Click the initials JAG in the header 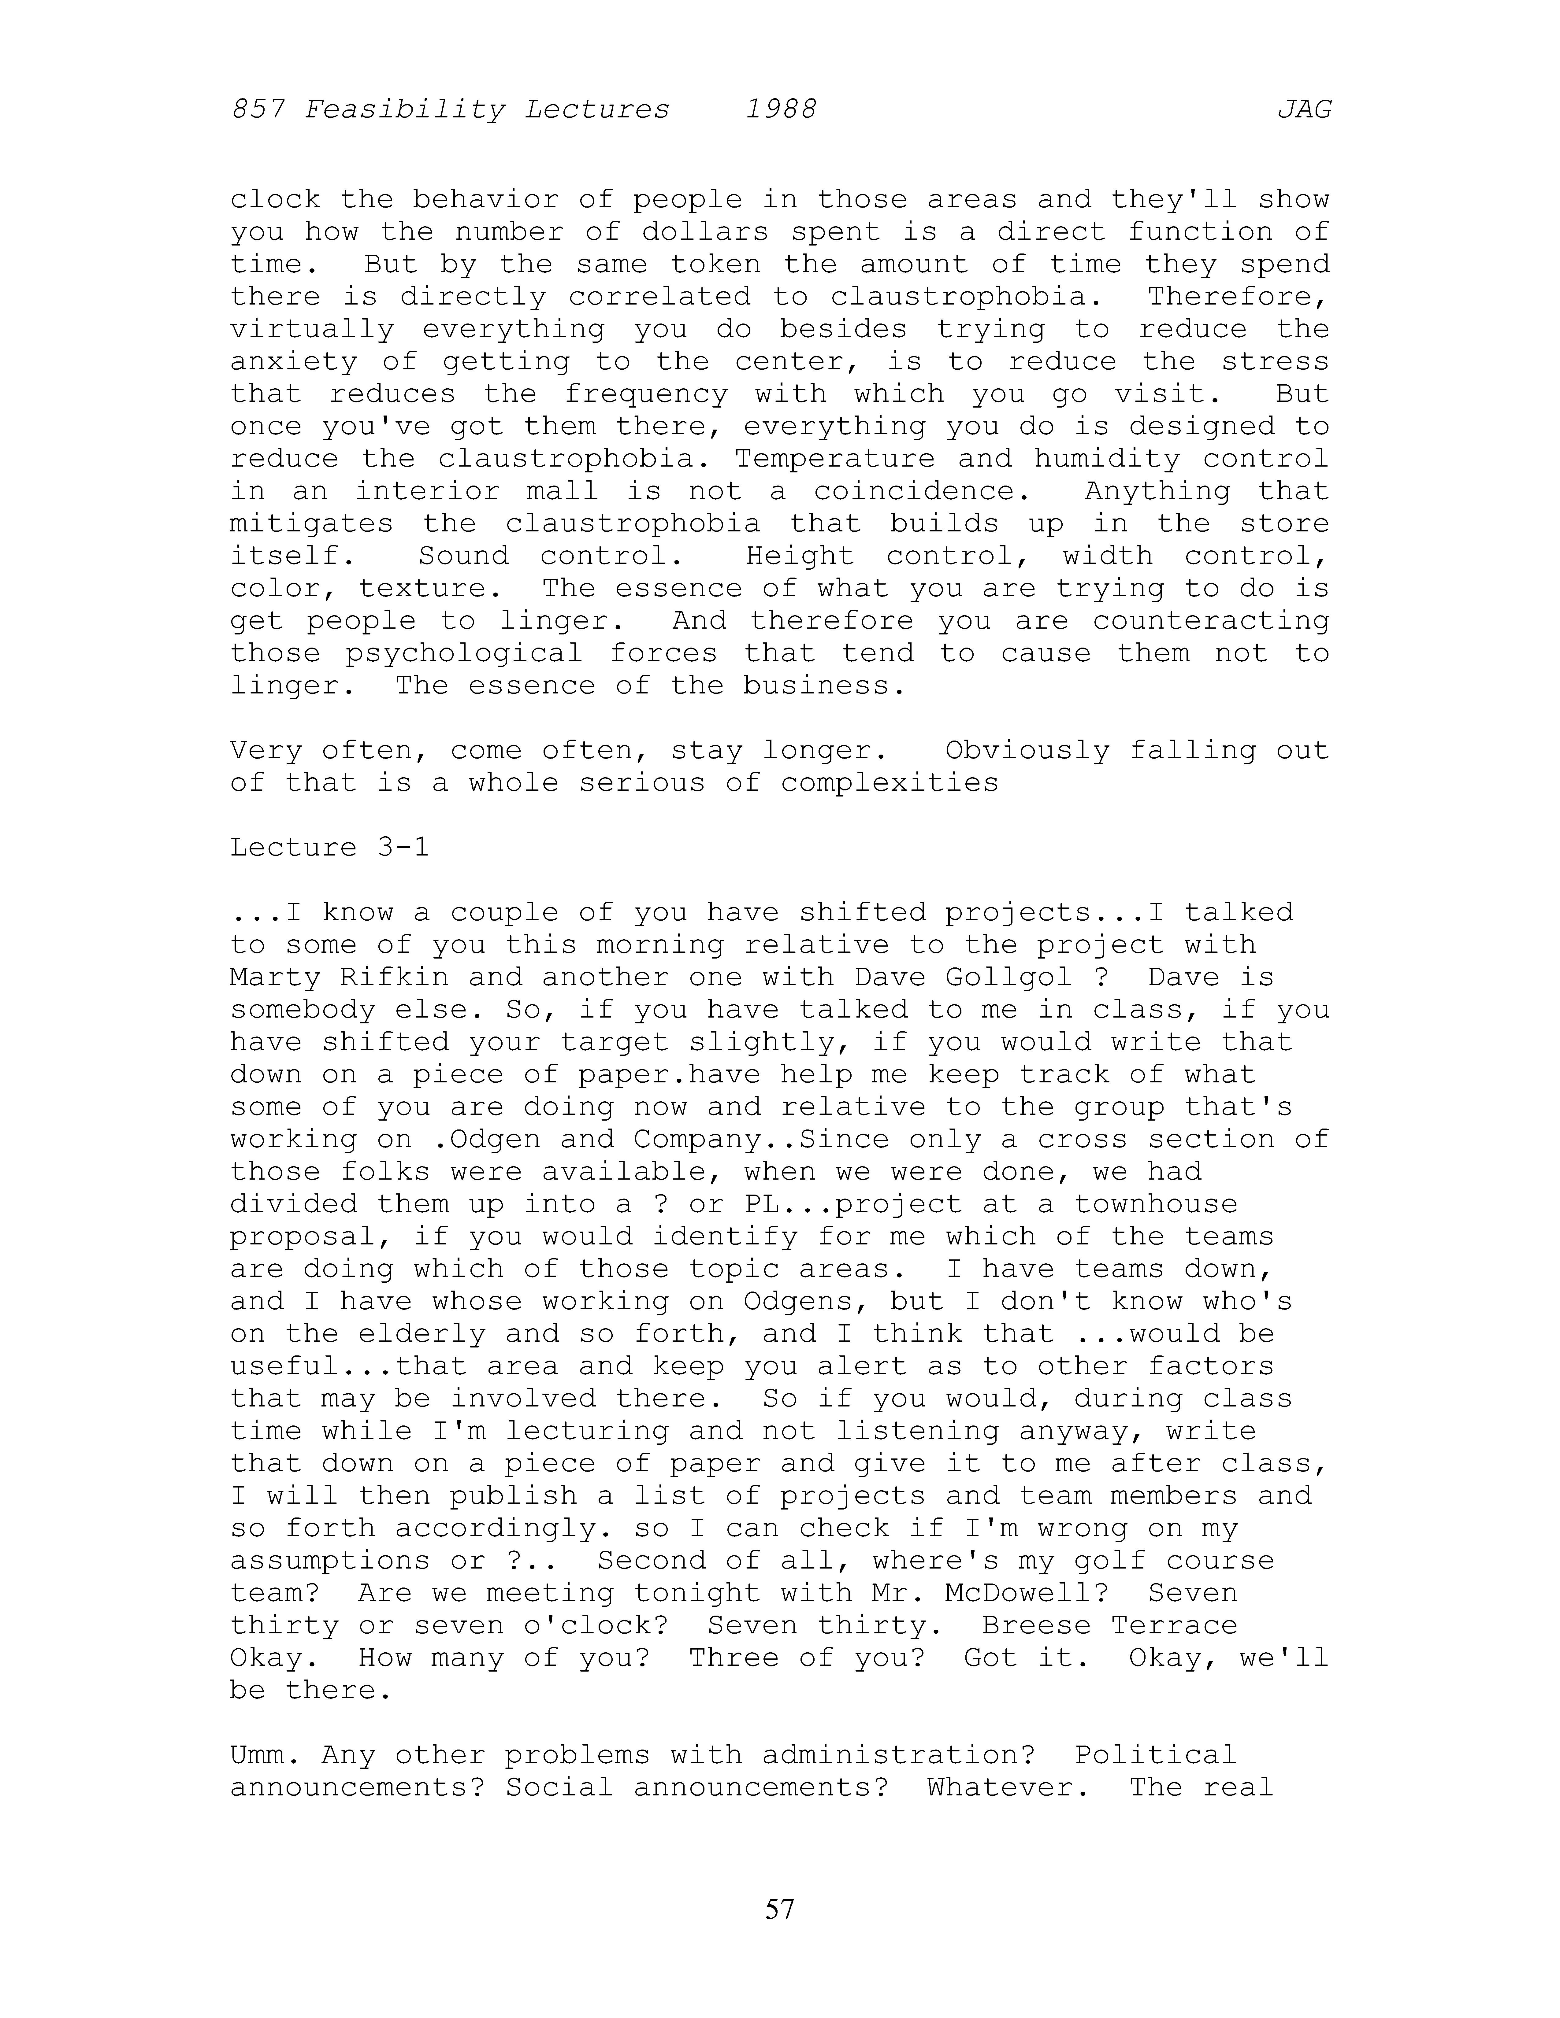pyautogui.click(x=1304, y=110)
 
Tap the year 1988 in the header pyautogui.click(x=781, y=110)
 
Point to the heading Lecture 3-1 pyautogui.click(x=330, y=847)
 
